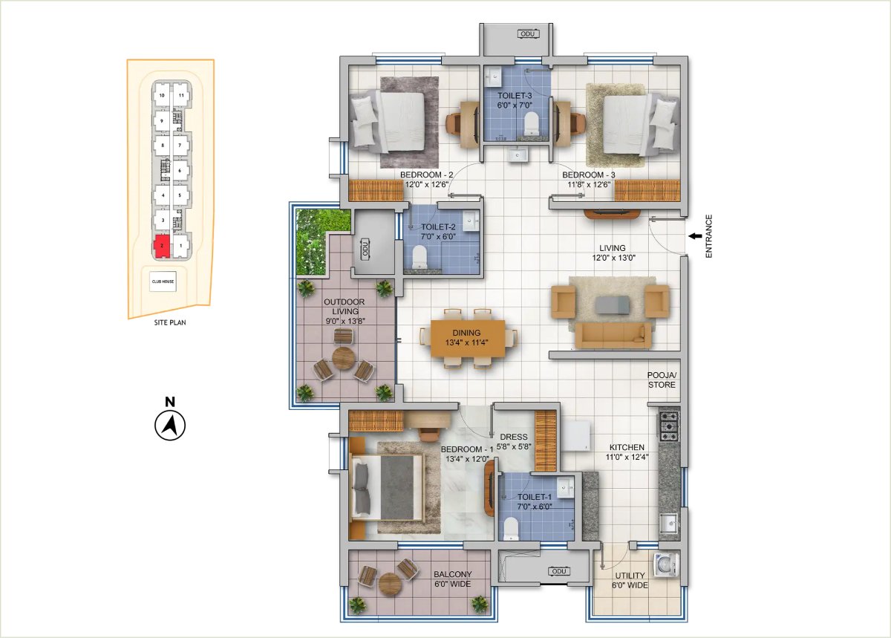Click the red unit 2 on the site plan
pyautogui.click(x=162, y=246)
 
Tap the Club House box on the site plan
pyautogui.click(x=163, y=281)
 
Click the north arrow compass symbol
pyautogui.click(x=170, y=425)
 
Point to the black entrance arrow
pyautogui.click(x=695, y=236)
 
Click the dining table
pyautogui.click(x=468, y=338)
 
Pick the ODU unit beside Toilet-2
pyautogui.click(x=365, y=249)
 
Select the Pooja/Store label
pyautogui.click(x=662, y=380)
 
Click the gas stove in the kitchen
pyautogui.click(x=669, y=426)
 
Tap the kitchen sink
pyautogui.click(x=670, y=522)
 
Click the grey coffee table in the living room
pyautogui.click(x=612, y=305)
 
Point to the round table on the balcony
pyautogui.click(x=389, y=584)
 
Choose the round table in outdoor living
pyautogui.click(x=343, y=359)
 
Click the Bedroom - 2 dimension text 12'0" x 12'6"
pyautogui.click(x=427, y=184)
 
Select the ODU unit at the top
pyautogui.click(x=528, y=34)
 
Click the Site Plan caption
pyautogui.click(x=170, y=322)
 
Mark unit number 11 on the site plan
pyautogui.click(x=181, y=96)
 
